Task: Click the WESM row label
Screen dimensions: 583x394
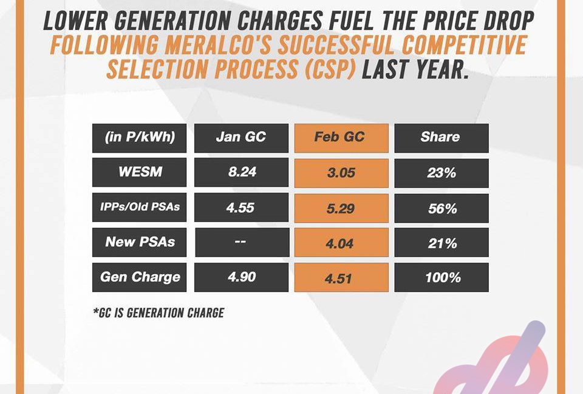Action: pyautogui.click(x=140, y=172)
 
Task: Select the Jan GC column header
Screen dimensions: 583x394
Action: pyautogui.click(x=241, y=138)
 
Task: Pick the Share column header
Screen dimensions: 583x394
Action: pyautogui.click(x=442, y=138)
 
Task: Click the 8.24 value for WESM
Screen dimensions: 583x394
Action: pyautogui.click(x=241, y=172)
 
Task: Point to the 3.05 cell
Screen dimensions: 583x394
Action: pyautogui.click(x=341, y=173)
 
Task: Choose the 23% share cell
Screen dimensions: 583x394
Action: pyautogui.click(x=442, y=173)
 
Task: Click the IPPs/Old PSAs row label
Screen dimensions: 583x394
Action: pyautogui.click(x=140, y=207)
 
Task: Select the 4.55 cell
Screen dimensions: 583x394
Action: pyautogui.click(x=241, y=207)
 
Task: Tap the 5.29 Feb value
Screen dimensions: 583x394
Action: pyautogui.click(x=341, y=208)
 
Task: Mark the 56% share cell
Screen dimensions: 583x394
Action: pyautogui.click(x=442, y=208)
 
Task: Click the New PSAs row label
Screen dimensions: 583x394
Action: pyautogui.click(x=140, y=243)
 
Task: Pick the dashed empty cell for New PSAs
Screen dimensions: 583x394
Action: pyautogui.click(x=242, y=243)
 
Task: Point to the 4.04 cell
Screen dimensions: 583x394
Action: pyautogui.click(x=341, y=243)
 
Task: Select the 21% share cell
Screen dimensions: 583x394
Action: pyautogui.click(x=442, y=243)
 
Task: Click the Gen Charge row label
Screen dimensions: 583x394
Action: pyautogui.click(x=140, y=277)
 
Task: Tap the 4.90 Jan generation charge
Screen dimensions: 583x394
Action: pyautogui.click(x=241, y=277)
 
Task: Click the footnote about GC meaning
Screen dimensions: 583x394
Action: pyautogui.click(x=159, y=313)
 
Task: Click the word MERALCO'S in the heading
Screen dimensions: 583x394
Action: pyautogui.click(x=217, y=44)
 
